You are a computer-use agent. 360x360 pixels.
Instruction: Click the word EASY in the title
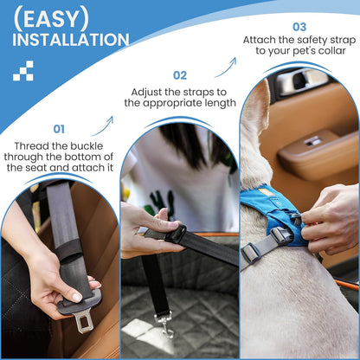point(51,19)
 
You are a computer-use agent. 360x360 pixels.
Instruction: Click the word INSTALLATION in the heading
point(71,40)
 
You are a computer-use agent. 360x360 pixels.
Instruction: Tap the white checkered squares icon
point(23,71)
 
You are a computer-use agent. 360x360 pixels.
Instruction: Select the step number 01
point(59,129)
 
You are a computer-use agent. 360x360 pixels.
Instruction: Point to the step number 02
point(180,75)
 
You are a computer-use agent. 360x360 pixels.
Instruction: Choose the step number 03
point(299,27)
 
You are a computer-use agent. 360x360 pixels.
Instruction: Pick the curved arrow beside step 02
point(226,67)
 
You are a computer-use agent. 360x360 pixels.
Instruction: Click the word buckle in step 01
point(87,146)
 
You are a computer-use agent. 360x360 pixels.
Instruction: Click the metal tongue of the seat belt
point(83,321)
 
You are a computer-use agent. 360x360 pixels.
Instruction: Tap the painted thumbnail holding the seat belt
point(76,297)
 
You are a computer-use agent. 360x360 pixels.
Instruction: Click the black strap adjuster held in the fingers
point(176,235)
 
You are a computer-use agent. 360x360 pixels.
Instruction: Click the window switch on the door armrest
point(313,141)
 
